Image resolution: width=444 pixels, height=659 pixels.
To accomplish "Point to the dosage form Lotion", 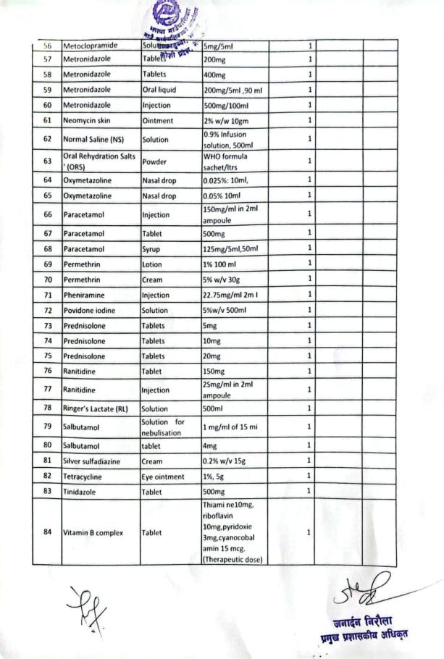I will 153,264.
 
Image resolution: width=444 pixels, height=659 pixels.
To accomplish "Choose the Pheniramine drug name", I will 84,295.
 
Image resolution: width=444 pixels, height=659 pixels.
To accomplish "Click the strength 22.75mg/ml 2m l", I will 232,295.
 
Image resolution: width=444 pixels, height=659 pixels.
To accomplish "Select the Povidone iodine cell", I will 89,311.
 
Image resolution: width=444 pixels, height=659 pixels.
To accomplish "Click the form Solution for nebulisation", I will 164,426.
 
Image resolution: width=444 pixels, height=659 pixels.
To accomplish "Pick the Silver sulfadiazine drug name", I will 91,460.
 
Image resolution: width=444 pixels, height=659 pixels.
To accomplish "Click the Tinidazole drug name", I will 81,490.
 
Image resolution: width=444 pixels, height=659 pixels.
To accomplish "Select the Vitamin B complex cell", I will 93,532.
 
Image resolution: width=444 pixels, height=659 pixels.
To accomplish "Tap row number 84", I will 47,532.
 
